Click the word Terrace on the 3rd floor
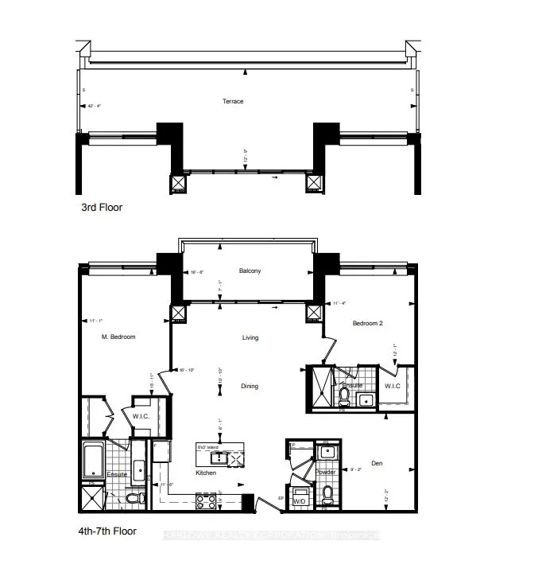click(x=233, y=101)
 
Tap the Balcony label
click(x=250, y=271)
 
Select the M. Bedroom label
click(x=119, y=337)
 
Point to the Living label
click(x=250, y=338)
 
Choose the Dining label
click(x=250, y=387)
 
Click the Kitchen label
click(x=207, y=473)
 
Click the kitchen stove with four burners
click(x=206, y=501)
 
